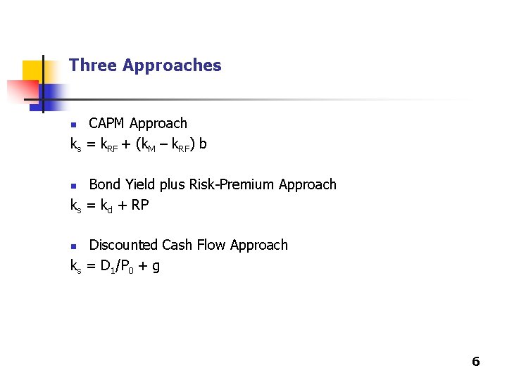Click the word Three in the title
point(93,65)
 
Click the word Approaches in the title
point(172,65)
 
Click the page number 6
point(475,362)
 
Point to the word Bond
point(104,184)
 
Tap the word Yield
point(139,184)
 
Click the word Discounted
point(123,245)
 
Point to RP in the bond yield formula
point(139,205)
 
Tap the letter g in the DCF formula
point(155,267)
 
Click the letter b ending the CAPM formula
point(203,144)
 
